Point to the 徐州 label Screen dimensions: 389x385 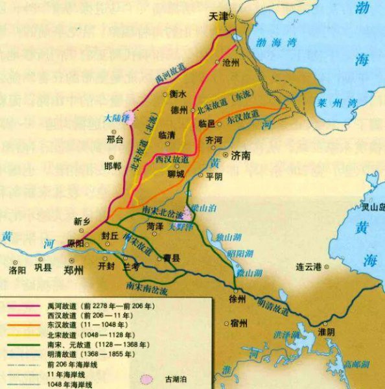click(x=237, y=299)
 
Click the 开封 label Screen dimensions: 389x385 click(x=106, y=265)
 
